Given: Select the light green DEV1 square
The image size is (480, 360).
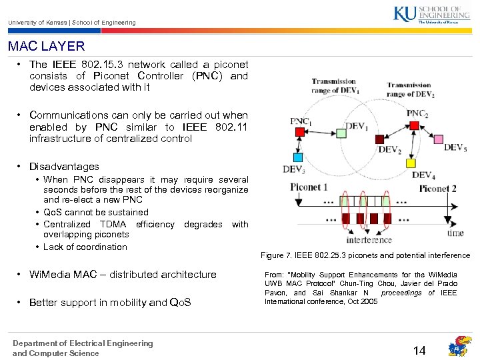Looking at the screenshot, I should (341, 133).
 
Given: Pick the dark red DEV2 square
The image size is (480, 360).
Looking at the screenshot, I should (379, 139).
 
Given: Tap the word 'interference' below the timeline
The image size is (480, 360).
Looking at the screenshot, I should (369, 239).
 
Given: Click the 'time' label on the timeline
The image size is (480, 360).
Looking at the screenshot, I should (455, 233).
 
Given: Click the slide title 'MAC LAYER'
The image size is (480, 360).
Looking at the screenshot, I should (47, 47).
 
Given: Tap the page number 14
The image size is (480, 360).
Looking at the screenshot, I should (419, 350).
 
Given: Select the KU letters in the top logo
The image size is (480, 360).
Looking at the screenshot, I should (404, 14).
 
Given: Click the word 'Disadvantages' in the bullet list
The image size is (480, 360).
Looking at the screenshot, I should (64, 167).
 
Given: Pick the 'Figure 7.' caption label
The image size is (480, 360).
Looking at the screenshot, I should (275, 255).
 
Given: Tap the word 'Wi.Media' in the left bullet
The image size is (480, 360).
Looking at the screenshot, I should (49, 274).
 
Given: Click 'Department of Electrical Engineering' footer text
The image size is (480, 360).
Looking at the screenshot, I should (83, 343).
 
